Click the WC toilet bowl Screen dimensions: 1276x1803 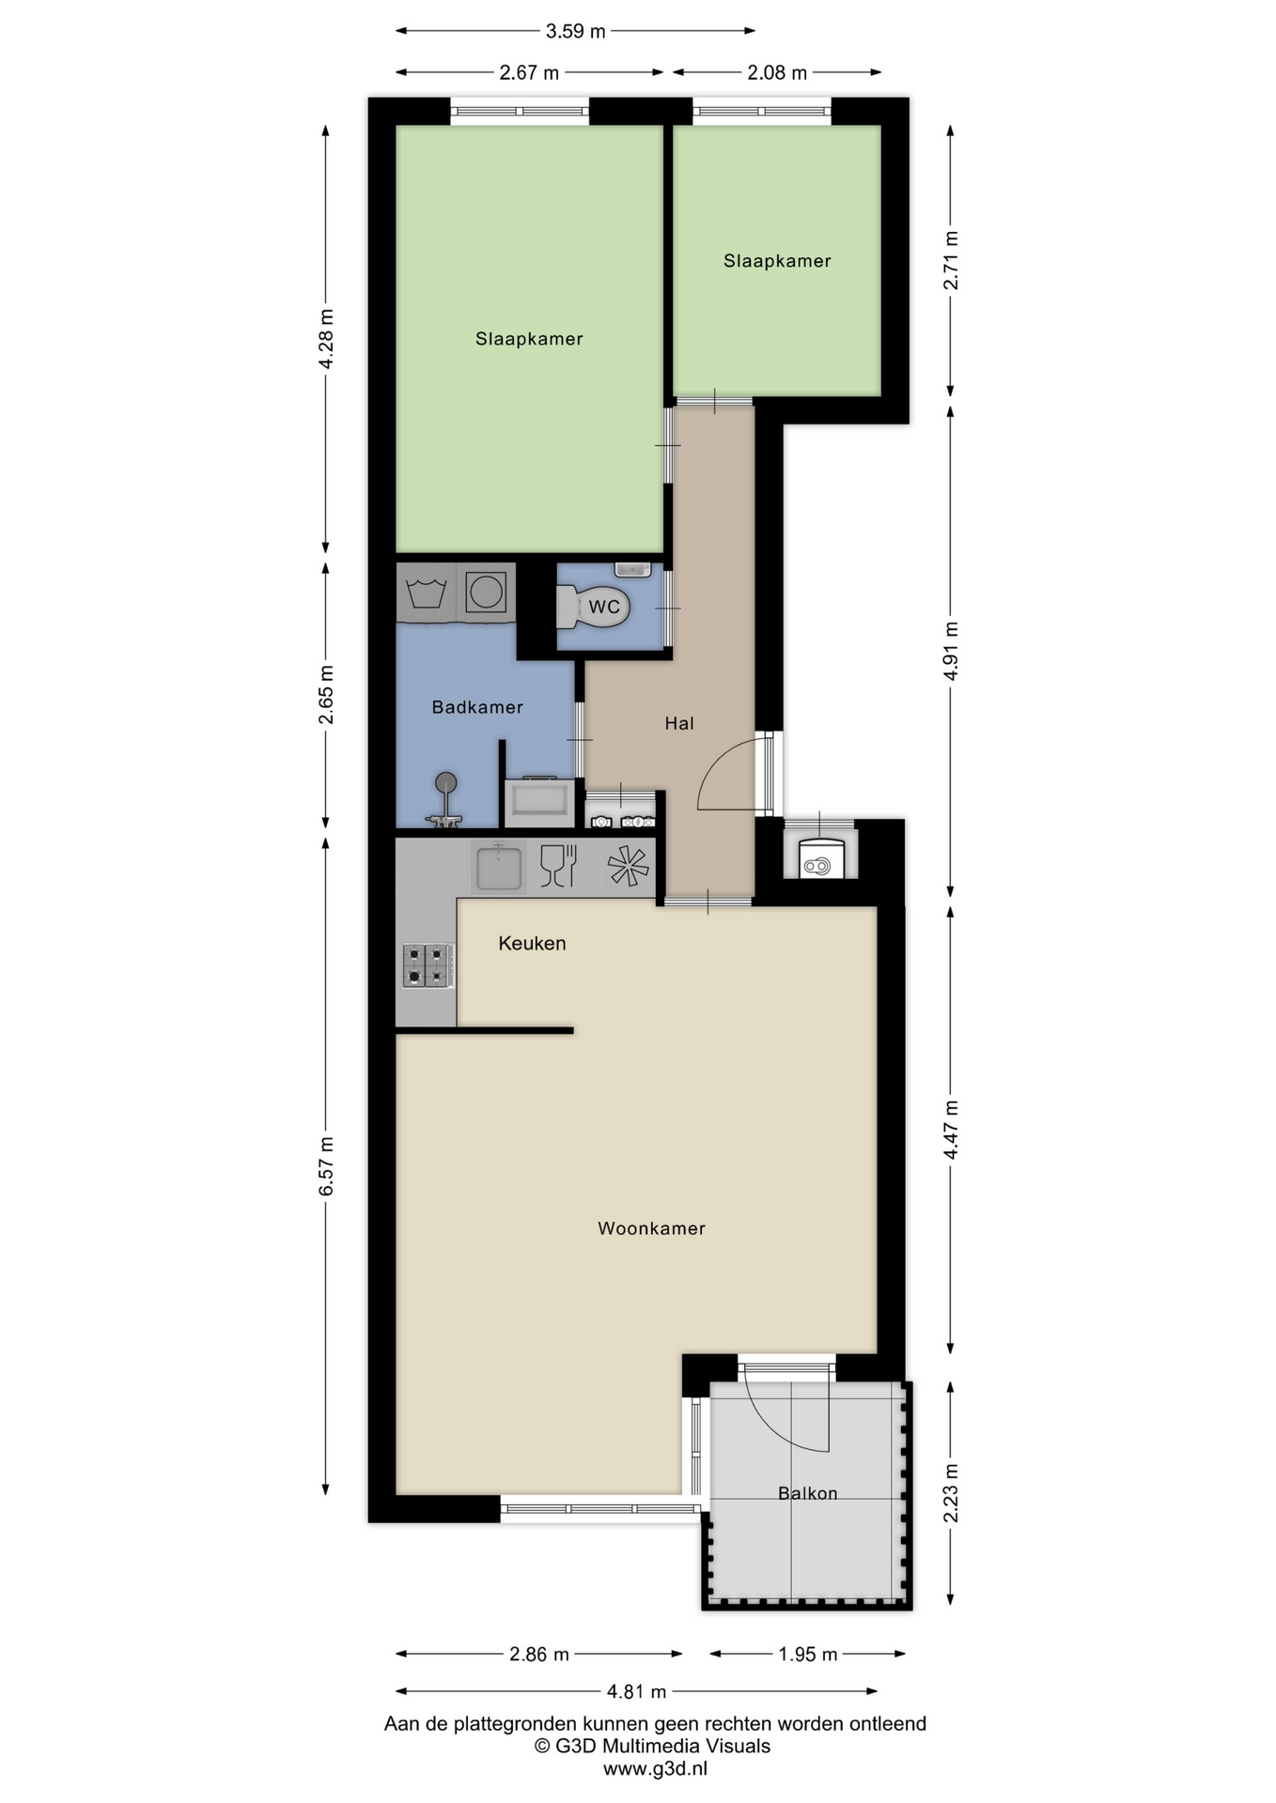(593, 608)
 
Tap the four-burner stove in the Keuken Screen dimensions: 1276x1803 (428, 965)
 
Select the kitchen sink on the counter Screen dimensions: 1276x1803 (499, 866)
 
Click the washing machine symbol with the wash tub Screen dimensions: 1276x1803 (427, 593)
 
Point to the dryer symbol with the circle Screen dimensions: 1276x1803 (486, 593)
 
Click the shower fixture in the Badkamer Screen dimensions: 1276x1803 (444, 800)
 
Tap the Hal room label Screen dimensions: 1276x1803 (679, 723)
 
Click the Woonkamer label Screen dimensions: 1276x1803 (651, 1228)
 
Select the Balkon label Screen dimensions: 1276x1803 (807, 1493)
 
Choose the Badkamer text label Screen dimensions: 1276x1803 (477, 707)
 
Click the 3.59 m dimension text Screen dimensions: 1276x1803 (575, 31)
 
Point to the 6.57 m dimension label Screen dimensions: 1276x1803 (326, 1165)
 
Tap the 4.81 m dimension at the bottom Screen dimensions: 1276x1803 (636, 1691)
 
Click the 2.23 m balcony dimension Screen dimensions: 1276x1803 (951, 1493)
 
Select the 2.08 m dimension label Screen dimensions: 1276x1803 (777, 72)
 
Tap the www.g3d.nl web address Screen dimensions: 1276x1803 (655, 1768)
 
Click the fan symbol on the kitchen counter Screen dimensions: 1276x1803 (628, 866)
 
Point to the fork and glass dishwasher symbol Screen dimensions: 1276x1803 (558, 866)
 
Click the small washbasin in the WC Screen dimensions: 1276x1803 (632, 568)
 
